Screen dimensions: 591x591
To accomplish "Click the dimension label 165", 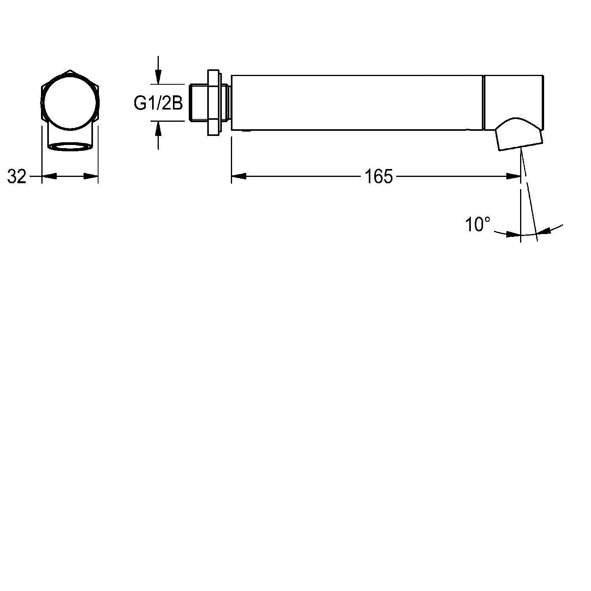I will pos(378,177).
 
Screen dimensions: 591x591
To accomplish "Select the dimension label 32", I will pos(17,177).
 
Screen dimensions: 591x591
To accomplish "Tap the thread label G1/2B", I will pos(158,104).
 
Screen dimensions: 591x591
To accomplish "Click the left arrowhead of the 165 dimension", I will pos(239,177).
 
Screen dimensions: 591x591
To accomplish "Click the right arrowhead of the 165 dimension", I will pos(514,177).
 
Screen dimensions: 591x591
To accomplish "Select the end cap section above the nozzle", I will pos(514,95).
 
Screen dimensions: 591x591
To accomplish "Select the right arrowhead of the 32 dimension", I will pos(91,177).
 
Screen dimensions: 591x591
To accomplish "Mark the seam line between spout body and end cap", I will pos(483,102).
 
